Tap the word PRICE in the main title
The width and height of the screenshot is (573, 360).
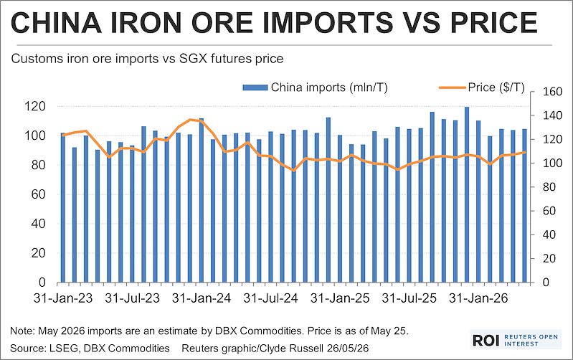[x=493, y=22]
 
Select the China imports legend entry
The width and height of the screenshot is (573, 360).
[x=315, y=87]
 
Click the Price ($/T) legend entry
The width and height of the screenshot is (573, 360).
[x=482, y=87]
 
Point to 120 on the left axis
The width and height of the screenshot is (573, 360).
[x=35, y=106]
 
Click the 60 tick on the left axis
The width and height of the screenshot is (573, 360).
[x=39, y=194]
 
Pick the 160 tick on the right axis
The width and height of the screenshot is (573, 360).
[x=551, y=92]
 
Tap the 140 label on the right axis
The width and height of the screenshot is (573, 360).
[x=551, y=115]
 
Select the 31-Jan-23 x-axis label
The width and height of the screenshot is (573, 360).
[x=63, y=298]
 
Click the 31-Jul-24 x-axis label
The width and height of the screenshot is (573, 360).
[x=271, y=298]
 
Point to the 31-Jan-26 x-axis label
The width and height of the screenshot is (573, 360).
[x=478, y=298]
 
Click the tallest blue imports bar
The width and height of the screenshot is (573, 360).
[x=467, y=195]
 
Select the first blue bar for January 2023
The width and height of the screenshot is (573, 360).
[x=63, y=207]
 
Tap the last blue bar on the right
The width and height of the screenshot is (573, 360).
[x=524, y=206]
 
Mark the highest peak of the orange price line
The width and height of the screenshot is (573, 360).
[x=190, y=120]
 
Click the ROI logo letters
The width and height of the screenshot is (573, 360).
[x=486, y=340]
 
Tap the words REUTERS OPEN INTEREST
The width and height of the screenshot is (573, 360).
[x=531, y=340]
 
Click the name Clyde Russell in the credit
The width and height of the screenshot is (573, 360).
[x=300, y=349]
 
